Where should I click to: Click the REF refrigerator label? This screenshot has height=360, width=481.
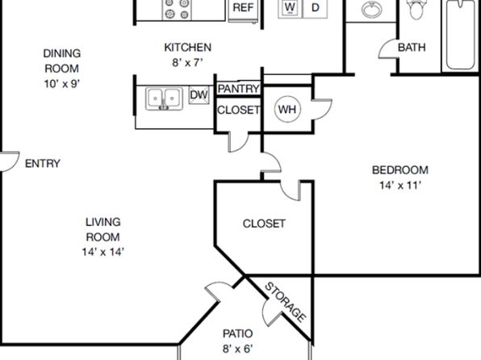tap(243, 7)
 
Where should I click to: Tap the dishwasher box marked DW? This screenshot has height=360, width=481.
tap(199, 94)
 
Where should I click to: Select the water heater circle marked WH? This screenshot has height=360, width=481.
tap(287, 109)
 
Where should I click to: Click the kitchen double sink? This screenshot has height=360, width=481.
tap(164, 98)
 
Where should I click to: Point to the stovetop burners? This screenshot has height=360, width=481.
tap(177, 9)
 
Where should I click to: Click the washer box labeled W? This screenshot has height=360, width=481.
tap(290, 8)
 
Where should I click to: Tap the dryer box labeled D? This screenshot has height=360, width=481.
tap(315, 8)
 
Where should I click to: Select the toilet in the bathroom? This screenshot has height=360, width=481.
tap(416, 9)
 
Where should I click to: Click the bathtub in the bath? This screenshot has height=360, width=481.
tap(461, 35)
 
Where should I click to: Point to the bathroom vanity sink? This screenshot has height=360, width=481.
tap(371, 9)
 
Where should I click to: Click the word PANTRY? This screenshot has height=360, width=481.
tap(238, 89)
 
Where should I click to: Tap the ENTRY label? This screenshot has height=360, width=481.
tap(42, 164)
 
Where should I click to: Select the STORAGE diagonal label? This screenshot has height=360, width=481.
tap(285, 303)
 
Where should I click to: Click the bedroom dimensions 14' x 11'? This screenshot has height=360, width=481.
tap(400, 186)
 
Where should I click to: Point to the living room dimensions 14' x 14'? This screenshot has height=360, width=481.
tap(103, 252)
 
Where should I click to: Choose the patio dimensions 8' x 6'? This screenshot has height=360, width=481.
tap(238, 349)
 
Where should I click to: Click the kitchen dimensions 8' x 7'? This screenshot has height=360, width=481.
tap(188, 63)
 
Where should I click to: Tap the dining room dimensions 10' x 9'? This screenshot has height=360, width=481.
tap(62, 83)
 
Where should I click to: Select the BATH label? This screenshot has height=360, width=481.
tap(412, 48)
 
